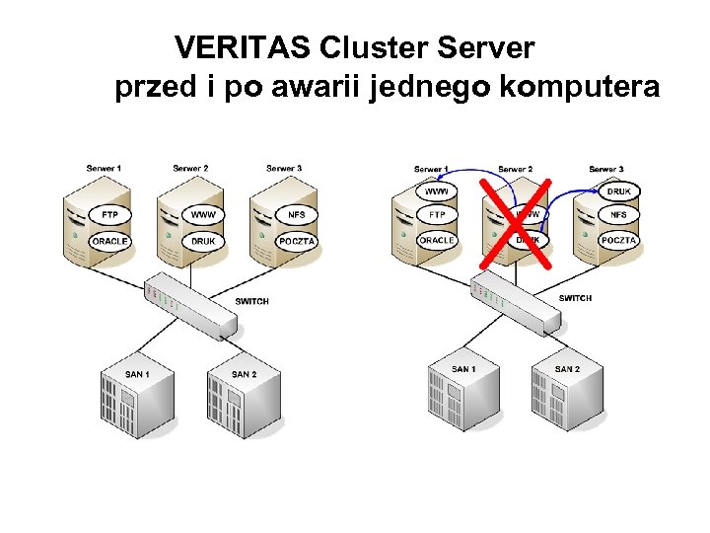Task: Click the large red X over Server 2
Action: point(516,224)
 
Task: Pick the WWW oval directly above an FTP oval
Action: point(436,190)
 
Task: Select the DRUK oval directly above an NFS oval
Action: point(618,190)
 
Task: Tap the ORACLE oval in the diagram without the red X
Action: point(109,241)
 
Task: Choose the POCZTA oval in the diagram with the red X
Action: point(618,240)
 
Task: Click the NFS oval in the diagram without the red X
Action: point(296,214)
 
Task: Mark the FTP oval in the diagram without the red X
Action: point(109,214)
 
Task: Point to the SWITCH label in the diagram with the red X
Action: point(575,298)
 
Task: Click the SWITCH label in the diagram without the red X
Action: point(251,301)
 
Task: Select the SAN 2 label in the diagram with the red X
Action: point(566,369)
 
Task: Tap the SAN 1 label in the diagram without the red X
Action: point(137,374)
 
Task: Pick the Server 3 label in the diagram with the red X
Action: point(605,169)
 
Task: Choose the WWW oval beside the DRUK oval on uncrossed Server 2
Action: point(203,214)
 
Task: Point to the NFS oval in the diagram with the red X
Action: point(618,214)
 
